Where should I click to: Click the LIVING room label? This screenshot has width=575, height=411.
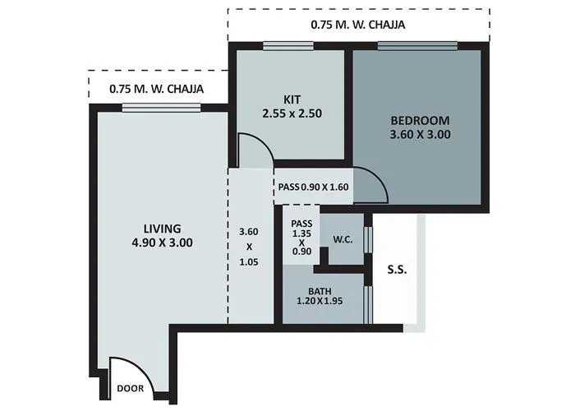tap(162, 228)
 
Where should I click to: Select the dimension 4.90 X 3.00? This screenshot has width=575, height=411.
tap(162, 242)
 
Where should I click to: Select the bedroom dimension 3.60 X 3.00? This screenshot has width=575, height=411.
tap(420, 135)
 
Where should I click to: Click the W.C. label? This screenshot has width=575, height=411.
tap(343, 241)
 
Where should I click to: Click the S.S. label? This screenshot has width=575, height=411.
tap(397, 269)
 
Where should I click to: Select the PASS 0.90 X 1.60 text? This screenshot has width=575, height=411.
tap(313, 187)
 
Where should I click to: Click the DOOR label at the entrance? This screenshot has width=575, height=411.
tap(129, 388)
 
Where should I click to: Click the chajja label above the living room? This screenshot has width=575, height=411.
tap(156, 90)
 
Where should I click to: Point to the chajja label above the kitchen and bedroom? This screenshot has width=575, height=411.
tap(357, 25)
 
